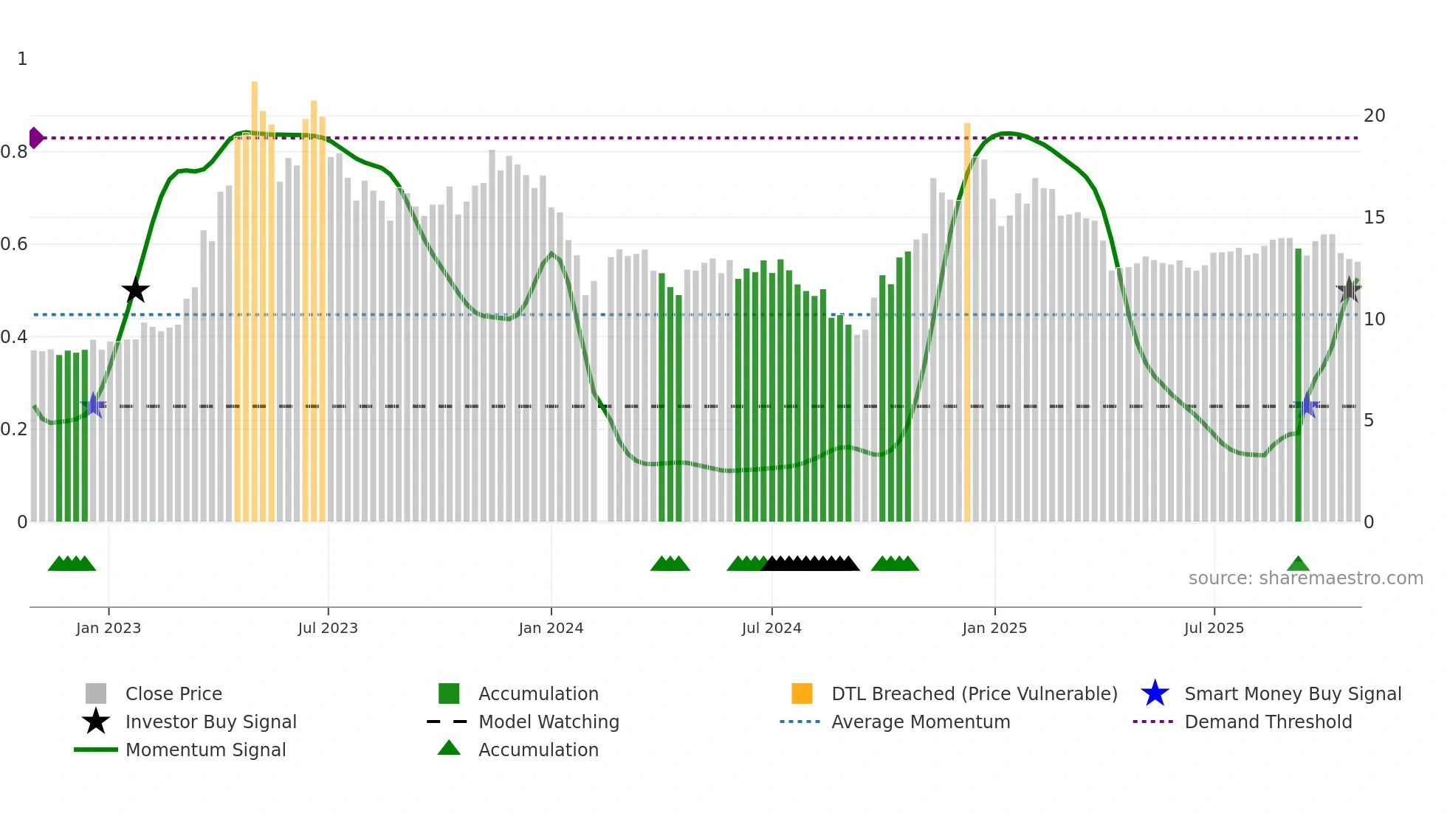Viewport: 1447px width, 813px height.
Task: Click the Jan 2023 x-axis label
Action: [108, 628]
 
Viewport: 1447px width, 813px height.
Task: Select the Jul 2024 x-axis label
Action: [771, 628]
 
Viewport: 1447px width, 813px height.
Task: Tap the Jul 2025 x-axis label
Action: [1214, 628]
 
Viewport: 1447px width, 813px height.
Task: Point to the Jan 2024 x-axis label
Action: [551, 628]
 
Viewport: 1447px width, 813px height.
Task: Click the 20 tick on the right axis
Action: [1374, 116]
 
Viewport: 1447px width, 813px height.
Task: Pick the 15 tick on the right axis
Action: [1374, 218]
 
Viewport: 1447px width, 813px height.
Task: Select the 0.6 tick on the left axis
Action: [14, 244]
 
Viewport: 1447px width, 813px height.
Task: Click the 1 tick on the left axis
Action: [22, 59]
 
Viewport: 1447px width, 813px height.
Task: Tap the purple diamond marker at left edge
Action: [35, 138]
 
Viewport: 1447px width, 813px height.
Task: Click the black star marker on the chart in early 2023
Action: [135, 290]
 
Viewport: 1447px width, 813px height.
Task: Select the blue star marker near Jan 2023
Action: [94, 405]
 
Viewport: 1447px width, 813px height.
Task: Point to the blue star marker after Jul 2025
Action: [1307, 405]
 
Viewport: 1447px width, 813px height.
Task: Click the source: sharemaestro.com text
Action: [1305, 578]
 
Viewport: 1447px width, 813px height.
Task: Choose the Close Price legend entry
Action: [173, 693]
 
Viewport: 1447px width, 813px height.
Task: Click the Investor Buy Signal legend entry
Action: [210, 722]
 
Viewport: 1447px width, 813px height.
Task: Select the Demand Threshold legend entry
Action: [1268, 722]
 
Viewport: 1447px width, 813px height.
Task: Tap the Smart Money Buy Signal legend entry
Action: [1292, 693]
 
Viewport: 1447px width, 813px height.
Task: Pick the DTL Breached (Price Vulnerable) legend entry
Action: [974, 693]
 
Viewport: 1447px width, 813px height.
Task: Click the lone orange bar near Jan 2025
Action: [967, 322]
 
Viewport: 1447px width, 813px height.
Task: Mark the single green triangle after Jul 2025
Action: [1298, 564]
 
